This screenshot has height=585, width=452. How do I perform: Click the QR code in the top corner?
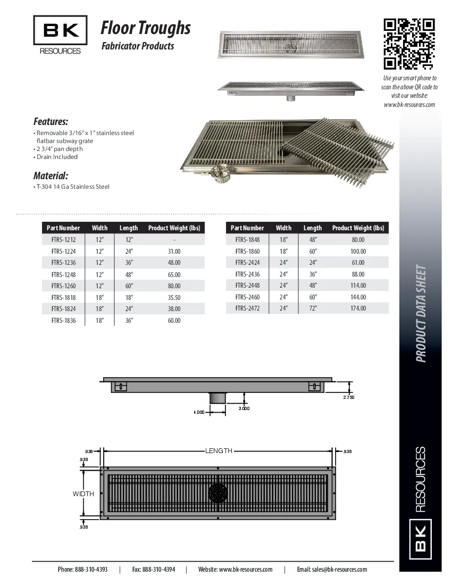pyautogui.click(x=409, y=44)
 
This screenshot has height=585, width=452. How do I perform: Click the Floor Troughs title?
pyautogui.click(x=146, y=27)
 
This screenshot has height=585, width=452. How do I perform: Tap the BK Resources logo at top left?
pyautogui.click(x=60, y=35)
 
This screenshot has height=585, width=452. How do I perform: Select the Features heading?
pyautogui.click(x=51, y=121)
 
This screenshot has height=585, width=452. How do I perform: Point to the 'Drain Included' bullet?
pyautogui.click(x=56, y=157)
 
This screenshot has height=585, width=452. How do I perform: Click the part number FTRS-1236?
pyautogui.click(x=63, y=263)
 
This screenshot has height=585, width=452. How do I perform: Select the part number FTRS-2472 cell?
pyautogui.click(x=247, y=308)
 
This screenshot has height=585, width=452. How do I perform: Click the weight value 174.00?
pyautogui.click(x=358, y=308)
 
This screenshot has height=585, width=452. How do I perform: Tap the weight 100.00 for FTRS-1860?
pyautogui.click(x=358, y=251)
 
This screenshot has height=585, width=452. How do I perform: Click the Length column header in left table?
pyautogui.click(x=129, y=228)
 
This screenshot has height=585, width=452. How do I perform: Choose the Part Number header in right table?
pyautogui.click(x=247, y=228)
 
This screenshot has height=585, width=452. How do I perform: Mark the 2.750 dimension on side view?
pyautogui.click(x=348, y=397)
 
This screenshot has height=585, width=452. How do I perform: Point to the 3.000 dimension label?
pyautogui.click(x=244, y=408)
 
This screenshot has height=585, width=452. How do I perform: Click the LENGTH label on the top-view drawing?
pyautogui.click(x=219, y=451)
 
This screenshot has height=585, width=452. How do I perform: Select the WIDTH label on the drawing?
pyautogui.click(x=83, y=494)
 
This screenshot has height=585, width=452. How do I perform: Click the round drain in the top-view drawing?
pyautogui.click(x=218, y=493)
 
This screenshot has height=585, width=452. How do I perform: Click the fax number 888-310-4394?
pyautogui.click(x=153, y=569)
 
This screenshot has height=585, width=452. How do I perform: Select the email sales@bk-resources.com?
pyautogui.click(x=332, y=569)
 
